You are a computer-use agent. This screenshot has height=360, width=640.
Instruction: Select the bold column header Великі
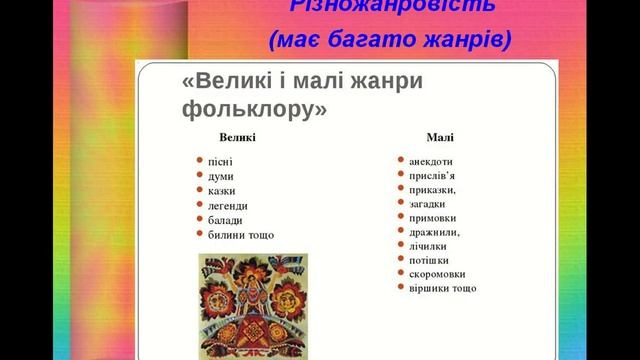click(x=237, y=137)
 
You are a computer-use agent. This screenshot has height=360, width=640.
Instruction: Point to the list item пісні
click(x=220, y=161)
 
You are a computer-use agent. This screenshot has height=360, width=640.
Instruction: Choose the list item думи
click(x=221, y=176)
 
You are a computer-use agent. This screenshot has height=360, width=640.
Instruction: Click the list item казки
click(x=223, y=191)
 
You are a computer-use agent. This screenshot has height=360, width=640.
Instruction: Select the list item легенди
click(x=227, y=206)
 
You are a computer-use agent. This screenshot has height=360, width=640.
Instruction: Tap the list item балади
click(x=225, y=220)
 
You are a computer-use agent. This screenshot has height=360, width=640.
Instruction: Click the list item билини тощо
click(x=241, y=235)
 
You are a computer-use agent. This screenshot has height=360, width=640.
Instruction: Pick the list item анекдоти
click(x=431, y=161)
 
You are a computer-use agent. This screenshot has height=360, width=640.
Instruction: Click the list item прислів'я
click(x=432, y=175)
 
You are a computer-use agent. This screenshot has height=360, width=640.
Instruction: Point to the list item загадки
click(x=430, y=203)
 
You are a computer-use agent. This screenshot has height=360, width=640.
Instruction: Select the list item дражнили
click(x=434, y=231)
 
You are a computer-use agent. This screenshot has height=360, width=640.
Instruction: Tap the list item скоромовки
click(x=437, y=274)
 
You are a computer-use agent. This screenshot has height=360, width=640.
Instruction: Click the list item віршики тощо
click(x=442, y=288)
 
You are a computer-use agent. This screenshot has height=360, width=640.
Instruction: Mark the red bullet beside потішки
click(x=400, y=259)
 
